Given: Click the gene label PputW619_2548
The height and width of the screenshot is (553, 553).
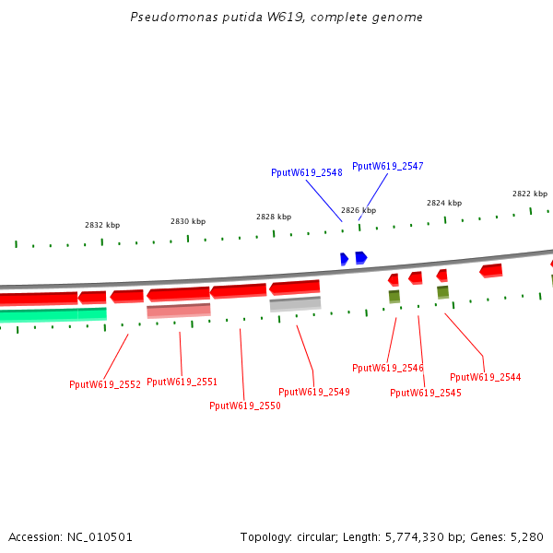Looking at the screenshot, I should [x=306, y=172].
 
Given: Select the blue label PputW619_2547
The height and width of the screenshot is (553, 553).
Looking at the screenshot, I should [x=387, y=166].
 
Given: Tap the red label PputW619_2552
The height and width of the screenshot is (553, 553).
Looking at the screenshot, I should [x=104, y=384].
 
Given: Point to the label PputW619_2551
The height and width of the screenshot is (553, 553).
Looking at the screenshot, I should [x=182, y=382].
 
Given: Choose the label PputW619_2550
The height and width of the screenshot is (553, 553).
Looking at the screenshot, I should [x=244, y=406].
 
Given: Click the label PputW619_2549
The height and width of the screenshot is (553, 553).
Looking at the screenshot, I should [x=313, y=392].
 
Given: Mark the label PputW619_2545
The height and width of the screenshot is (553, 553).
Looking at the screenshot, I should [x=425, y=393].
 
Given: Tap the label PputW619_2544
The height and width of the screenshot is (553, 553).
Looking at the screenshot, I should [x=485, y=377].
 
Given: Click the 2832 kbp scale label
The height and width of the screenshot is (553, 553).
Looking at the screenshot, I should [x=102, y=225].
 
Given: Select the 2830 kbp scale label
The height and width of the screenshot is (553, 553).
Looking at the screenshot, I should [x=188, y=221].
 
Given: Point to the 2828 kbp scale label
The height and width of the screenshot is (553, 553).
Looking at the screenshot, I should [x=274, y=217].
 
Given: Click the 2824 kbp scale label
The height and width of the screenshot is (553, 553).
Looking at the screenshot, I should [x=443, y=203].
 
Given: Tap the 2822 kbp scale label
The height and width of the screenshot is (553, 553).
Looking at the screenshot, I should [x=530, y=194].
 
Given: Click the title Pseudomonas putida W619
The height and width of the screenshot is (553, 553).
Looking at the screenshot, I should [x=276, y=18].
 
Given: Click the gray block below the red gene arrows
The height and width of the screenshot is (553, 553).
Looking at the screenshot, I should [x=295, y=303].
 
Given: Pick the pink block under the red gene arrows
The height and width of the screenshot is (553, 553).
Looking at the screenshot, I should [x=178, y=311].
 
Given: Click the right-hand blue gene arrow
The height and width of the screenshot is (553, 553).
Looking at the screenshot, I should [x=361, y=257].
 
